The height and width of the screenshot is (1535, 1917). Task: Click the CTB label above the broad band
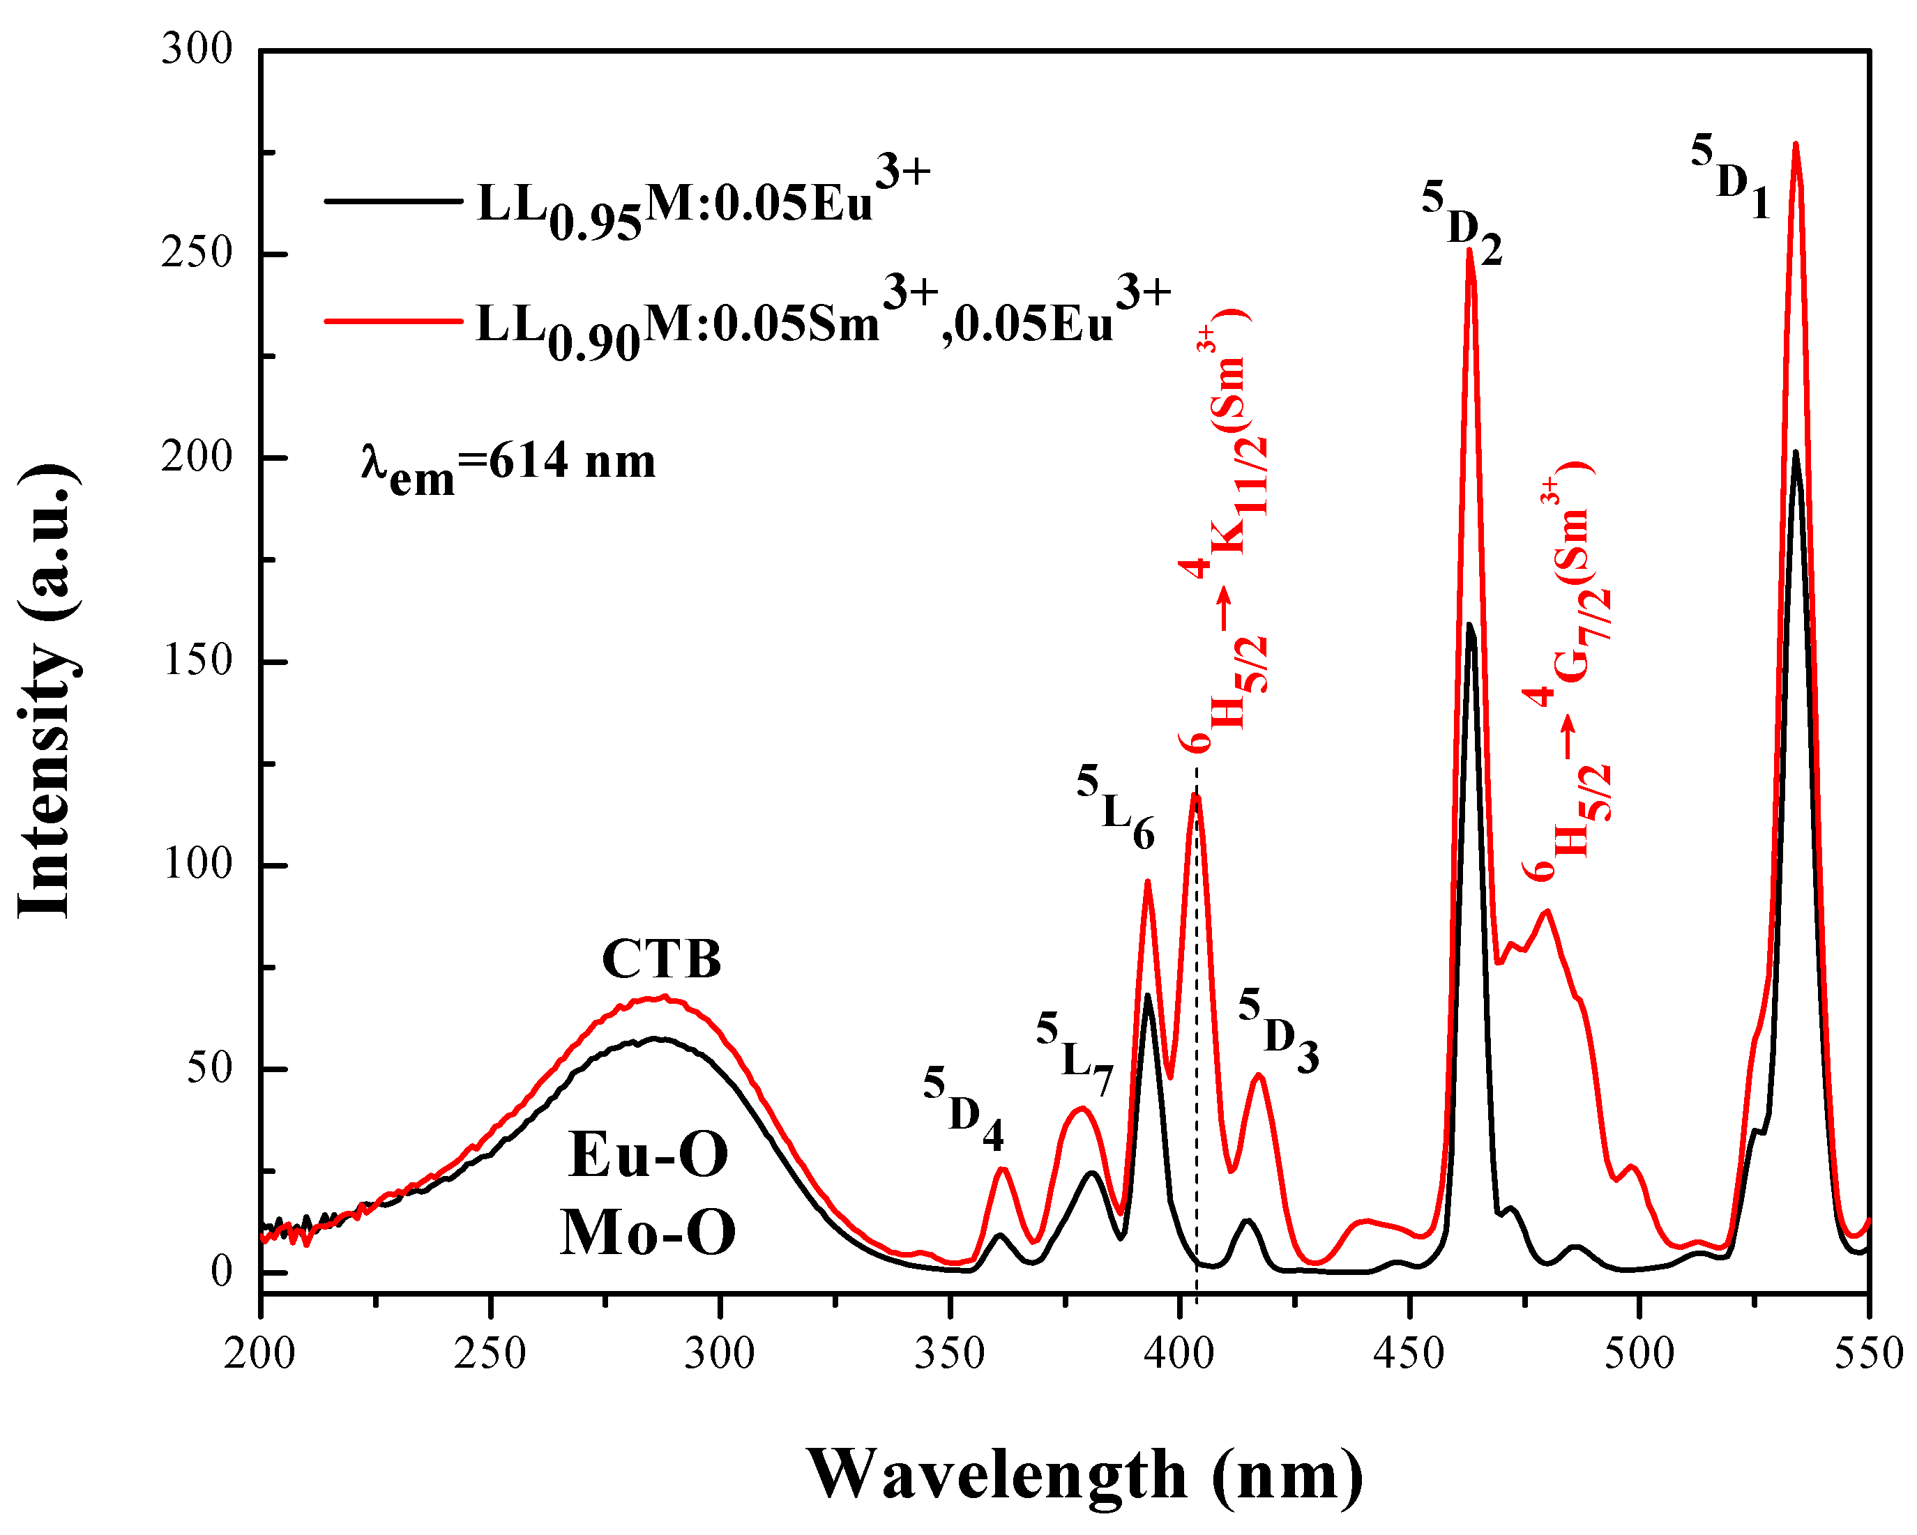tap(662, 959)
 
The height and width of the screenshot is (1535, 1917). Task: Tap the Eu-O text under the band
tap(649, 1154)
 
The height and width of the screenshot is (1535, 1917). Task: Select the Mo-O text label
tap(649, 1232)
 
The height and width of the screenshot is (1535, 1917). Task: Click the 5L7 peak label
tap(1074, 1054)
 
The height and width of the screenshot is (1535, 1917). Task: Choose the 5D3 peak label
tap(1278, 1030)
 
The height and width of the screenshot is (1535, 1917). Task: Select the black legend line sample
tap(393, 201)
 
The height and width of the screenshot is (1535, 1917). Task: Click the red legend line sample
tap(393, 320)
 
